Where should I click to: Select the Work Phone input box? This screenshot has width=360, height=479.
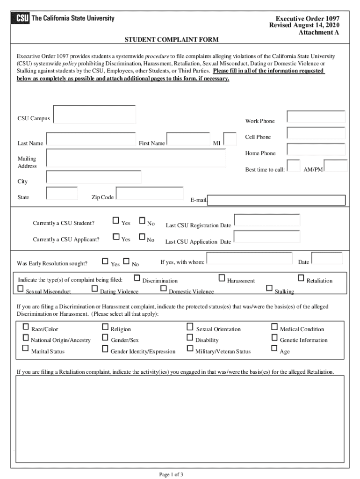tap(316, 117)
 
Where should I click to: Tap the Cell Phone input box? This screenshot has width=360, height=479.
tap(316, 133)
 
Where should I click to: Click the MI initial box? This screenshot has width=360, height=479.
tap(230, 139)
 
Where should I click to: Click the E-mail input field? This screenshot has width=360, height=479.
tap(276, 200)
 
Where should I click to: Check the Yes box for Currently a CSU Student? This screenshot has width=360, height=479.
tap(116, 220)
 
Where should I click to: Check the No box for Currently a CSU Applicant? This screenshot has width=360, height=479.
tap(142, 237)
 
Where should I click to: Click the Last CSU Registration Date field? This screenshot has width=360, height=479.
tap(266, 220)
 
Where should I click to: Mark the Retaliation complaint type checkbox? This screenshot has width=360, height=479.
tap(301, 278)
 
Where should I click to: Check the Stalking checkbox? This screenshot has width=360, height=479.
tap(269, 288)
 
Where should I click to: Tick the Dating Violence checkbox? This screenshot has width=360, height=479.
tap(95, 289)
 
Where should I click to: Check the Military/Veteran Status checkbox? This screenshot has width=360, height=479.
tap(190, 348)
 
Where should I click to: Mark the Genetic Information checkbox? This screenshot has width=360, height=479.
tap(274, 337)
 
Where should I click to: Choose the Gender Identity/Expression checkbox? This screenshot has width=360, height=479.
tap(105, 348)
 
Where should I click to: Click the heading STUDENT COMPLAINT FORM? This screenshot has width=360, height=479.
tap(171, 40)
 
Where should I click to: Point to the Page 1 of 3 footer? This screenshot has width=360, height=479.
tap(171, 474)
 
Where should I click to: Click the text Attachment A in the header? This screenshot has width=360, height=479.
tap(319, 32)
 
